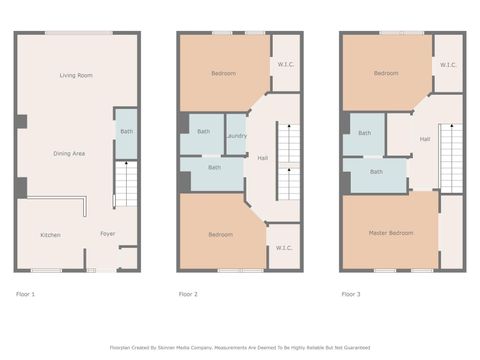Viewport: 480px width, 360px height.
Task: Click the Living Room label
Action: point(76,75)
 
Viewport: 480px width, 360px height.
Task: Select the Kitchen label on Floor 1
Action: point(50,235)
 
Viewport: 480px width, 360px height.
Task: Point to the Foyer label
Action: point(107,235)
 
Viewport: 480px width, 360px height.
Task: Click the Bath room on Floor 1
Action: point(126,132)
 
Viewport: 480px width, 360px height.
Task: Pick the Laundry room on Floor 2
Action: point(236,136)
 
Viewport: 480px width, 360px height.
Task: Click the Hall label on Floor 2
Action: point(262,158)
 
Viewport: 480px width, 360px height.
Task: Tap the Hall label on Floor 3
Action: point(425,139)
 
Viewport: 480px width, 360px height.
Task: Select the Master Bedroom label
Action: point(390,233)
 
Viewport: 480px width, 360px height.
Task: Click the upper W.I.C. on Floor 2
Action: point(285,65)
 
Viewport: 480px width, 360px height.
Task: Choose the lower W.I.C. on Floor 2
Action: point(284,248)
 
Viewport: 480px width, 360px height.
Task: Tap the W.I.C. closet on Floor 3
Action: point(447,65)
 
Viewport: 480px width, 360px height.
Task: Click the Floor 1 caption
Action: point(26,294)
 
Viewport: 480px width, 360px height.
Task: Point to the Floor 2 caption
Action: point(188,294)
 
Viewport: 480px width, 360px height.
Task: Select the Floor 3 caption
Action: point(351,294)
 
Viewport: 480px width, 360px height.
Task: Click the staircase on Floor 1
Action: point(126,185)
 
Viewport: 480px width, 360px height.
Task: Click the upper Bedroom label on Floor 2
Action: point(223,73)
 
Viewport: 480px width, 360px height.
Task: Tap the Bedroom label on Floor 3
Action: point(386,73)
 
